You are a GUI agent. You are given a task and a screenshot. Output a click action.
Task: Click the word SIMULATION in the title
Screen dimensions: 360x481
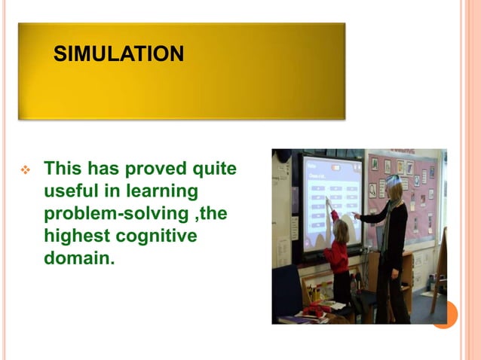119,54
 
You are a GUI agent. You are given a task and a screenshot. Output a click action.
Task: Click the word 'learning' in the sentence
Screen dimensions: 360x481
161,191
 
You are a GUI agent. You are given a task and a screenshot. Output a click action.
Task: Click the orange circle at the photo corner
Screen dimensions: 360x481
444,314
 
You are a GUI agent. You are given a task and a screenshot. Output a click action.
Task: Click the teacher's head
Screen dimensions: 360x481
393,187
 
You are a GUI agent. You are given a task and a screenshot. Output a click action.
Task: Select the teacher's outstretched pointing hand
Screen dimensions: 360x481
356,216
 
